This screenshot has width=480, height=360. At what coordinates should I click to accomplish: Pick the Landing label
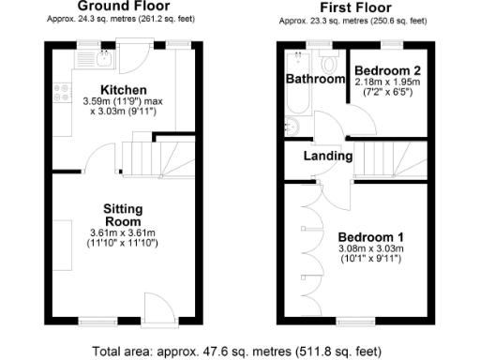tap(328, 156)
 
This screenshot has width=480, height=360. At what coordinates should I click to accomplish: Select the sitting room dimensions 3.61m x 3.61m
tap(122, 232)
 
